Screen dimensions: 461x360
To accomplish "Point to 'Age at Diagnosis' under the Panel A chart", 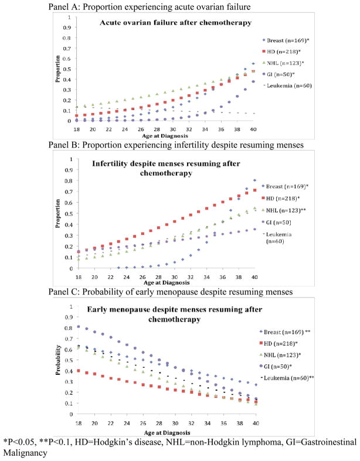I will point(163,135).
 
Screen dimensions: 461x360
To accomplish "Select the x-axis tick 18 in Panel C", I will point(78,422).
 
